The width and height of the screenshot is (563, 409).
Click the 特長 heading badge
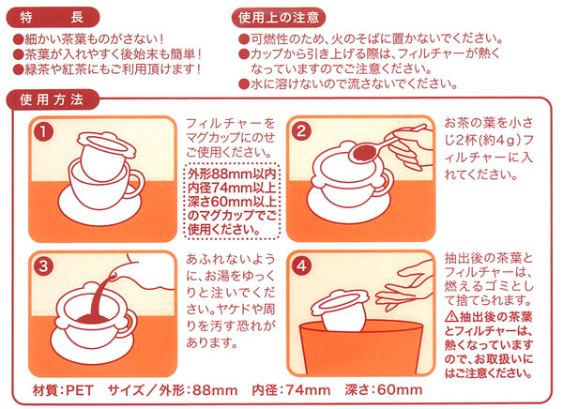click(53, 17)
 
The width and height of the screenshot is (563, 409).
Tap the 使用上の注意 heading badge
click(279, 17)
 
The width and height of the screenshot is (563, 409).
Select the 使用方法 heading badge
click(53, 99)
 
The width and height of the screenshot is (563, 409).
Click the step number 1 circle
click(43, 131)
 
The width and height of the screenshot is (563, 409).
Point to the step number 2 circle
click(301, 131)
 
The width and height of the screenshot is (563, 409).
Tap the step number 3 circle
click(43, 266)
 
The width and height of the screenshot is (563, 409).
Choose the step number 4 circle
click(301, 266)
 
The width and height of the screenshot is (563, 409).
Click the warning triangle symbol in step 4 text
click(451, 317)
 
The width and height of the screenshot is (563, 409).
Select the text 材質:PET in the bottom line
click(63, 390)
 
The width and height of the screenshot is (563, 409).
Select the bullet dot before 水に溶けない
click(244, 84)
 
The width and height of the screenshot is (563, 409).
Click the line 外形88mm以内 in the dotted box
click(232, 174)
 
